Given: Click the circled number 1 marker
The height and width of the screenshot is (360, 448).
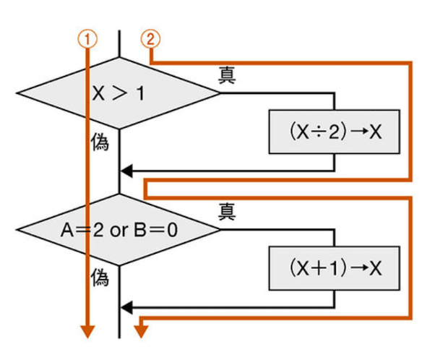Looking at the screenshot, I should click(x=87, y=39).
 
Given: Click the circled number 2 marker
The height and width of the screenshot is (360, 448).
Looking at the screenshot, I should click(x=150, y=39).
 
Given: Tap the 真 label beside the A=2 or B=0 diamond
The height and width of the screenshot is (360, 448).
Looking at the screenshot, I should click(x=227, y=210).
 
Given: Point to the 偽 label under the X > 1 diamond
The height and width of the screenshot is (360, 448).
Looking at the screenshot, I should click(x=100, y=143).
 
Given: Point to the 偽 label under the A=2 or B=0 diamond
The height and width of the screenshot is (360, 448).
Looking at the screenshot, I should click(x=100, y=279).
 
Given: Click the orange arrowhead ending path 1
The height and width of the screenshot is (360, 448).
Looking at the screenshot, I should click(x=87, y=332).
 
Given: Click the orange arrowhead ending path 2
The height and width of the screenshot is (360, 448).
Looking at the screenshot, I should click(x=141, y=332).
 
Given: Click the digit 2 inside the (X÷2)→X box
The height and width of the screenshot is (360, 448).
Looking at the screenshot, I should click(x=334, y=132).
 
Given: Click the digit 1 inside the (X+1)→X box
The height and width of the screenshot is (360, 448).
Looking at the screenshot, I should click(x=334, y=268).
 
